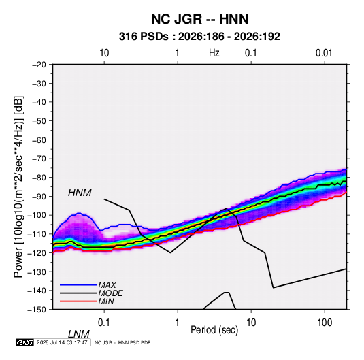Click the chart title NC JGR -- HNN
point(199,19)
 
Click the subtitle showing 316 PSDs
point(199,37)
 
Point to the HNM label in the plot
point(80,193)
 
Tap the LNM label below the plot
point(79,334)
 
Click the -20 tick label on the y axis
point(39,65)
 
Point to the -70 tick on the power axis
point(39,159)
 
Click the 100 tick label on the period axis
point(325,322)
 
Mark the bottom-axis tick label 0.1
point(104,322)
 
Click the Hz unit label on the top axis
point(214,53)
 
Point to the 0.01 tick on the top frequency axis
point(324,53)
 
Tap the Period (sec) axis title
point(214,330)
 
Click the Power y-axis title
point(18,187)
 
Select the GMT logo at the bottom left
point(24,342)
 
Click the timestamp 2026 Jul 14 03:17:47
point(62,342)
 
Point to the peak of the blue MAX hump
point(79,213)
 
